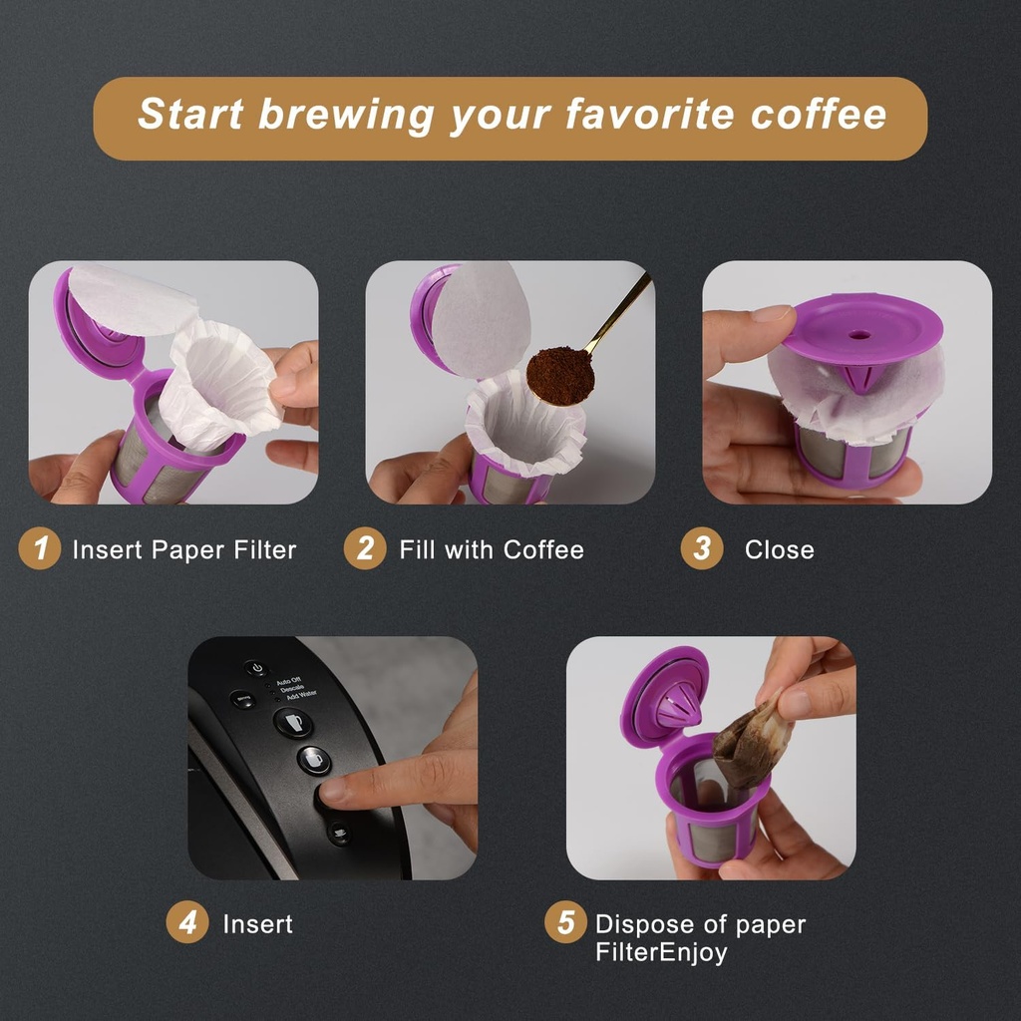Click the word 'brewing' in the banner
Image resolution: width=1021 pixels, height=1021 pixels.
click(x=345, y=115)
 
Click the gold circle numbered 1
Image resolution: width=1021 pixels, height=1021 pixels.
click(x=40, y=548)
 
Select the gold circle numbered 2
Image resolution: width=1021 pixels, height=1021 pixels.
click(x=365, y=548)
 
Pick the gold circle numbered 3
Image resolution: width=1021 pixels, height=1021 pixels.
click(x=702, y=548)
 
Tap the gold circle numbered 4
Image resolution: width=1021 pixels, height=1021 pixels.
click(x=187, y=923)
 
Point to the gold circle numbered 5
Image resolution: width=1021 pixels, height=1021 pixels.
click(x=565, y=923)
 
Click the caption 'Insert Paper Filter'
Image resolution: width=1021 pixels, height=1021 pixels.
click(x=184, y=549)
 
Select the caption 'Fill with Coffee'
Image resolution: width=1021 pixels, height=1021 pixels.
click(x=492, y=549)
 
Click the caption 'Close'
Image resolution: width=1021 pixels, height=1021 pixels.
click(x=779, y=549)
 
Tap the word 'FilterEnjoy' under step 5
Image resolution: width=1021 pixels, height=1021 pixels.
click(x=661, y=952)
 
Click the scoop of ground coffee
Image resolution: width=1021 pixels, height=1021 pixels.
click(x=559, y=375)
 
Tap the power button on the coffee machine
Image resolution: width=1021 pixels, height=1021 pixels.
click(x=257, y=668)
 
